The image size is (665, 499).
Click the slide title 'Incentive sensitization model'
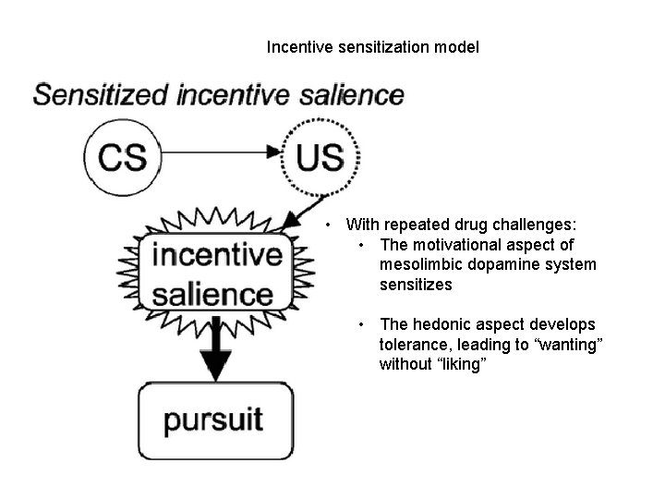[372, 46]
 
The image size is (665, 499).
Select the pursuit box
[214, 420]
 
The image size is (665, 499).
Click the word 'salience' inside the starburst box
[213, 294]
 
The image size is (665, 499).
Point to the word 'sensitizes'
[416, 285]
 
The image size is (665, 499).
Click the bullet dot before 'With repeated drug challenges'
[330, 225]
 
